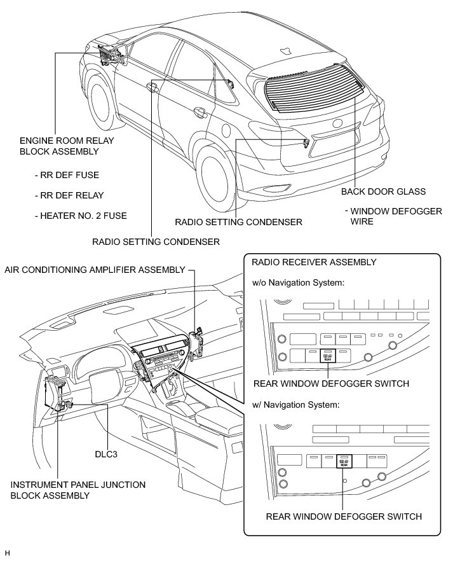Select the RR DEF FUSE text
click(x=67, y=175)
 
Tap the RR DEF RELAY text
click(x=69, y=195)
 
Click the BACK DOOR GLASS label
click(x=383, y=191)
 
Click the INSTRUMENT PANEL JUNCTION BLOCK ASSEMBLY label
click(x=78, y=490)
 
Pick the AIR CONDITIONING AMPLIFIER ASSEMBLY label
click(x=95, y=270)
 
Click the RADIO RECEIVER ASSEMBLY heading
click(x=314, y=262)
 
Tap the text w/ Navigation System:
click(x=295, y=404)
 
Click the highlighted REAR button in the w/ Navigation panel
click(x=344, y=461)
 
